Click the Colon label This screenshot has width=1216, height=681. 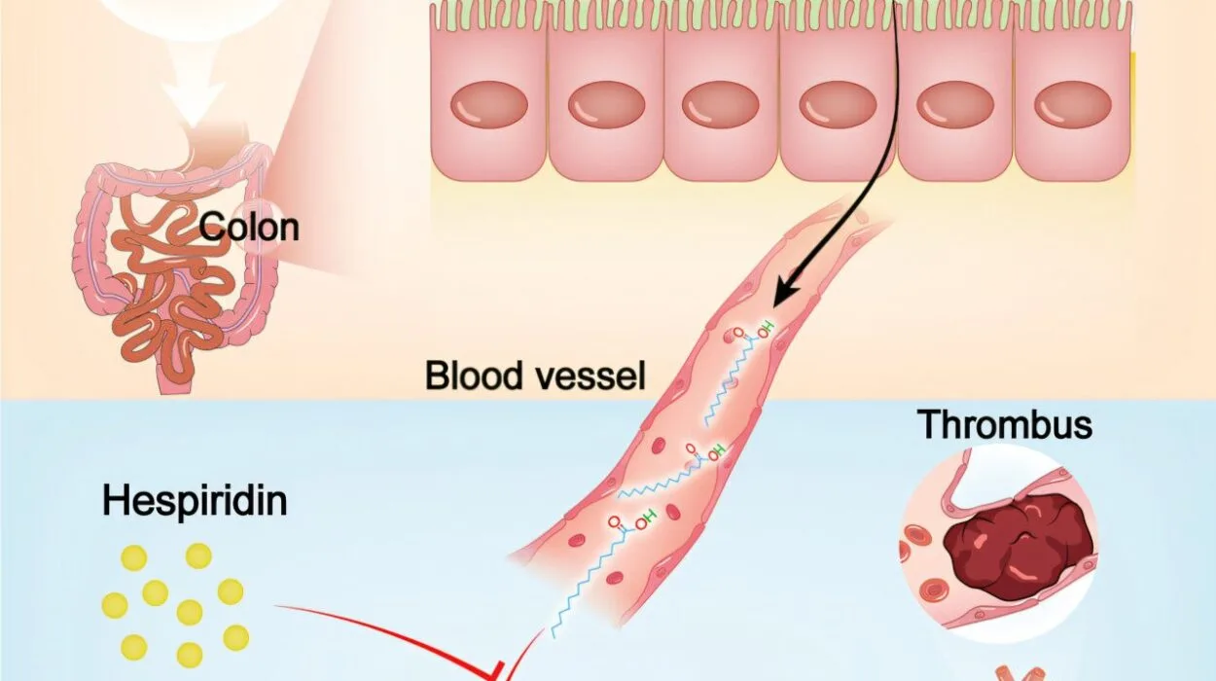coord(249,228)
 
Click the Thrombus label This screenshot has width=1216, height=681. coord(1005,424)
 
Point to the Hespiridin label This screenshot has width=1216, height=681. coord(195,502)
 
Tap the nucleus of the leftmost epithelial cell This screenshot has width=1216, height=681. coord(489,105)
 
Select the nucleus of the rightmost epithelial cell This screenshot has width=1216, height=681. coord(1073,105)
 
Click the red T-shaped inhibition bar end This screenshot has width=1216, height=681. coord(493,671)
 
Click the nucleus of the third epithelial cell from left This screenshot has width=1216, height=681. coord(721,105)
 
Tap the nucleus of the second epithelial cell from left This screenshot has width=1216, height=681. coord(606,105)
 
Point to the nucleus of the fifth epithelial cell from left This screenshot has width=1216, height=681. coord(955,105)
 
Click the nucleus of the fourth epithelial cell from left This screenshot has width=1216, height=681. coord(838,105)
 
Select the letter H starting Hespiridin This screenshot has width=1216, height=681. coord(115,502)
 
